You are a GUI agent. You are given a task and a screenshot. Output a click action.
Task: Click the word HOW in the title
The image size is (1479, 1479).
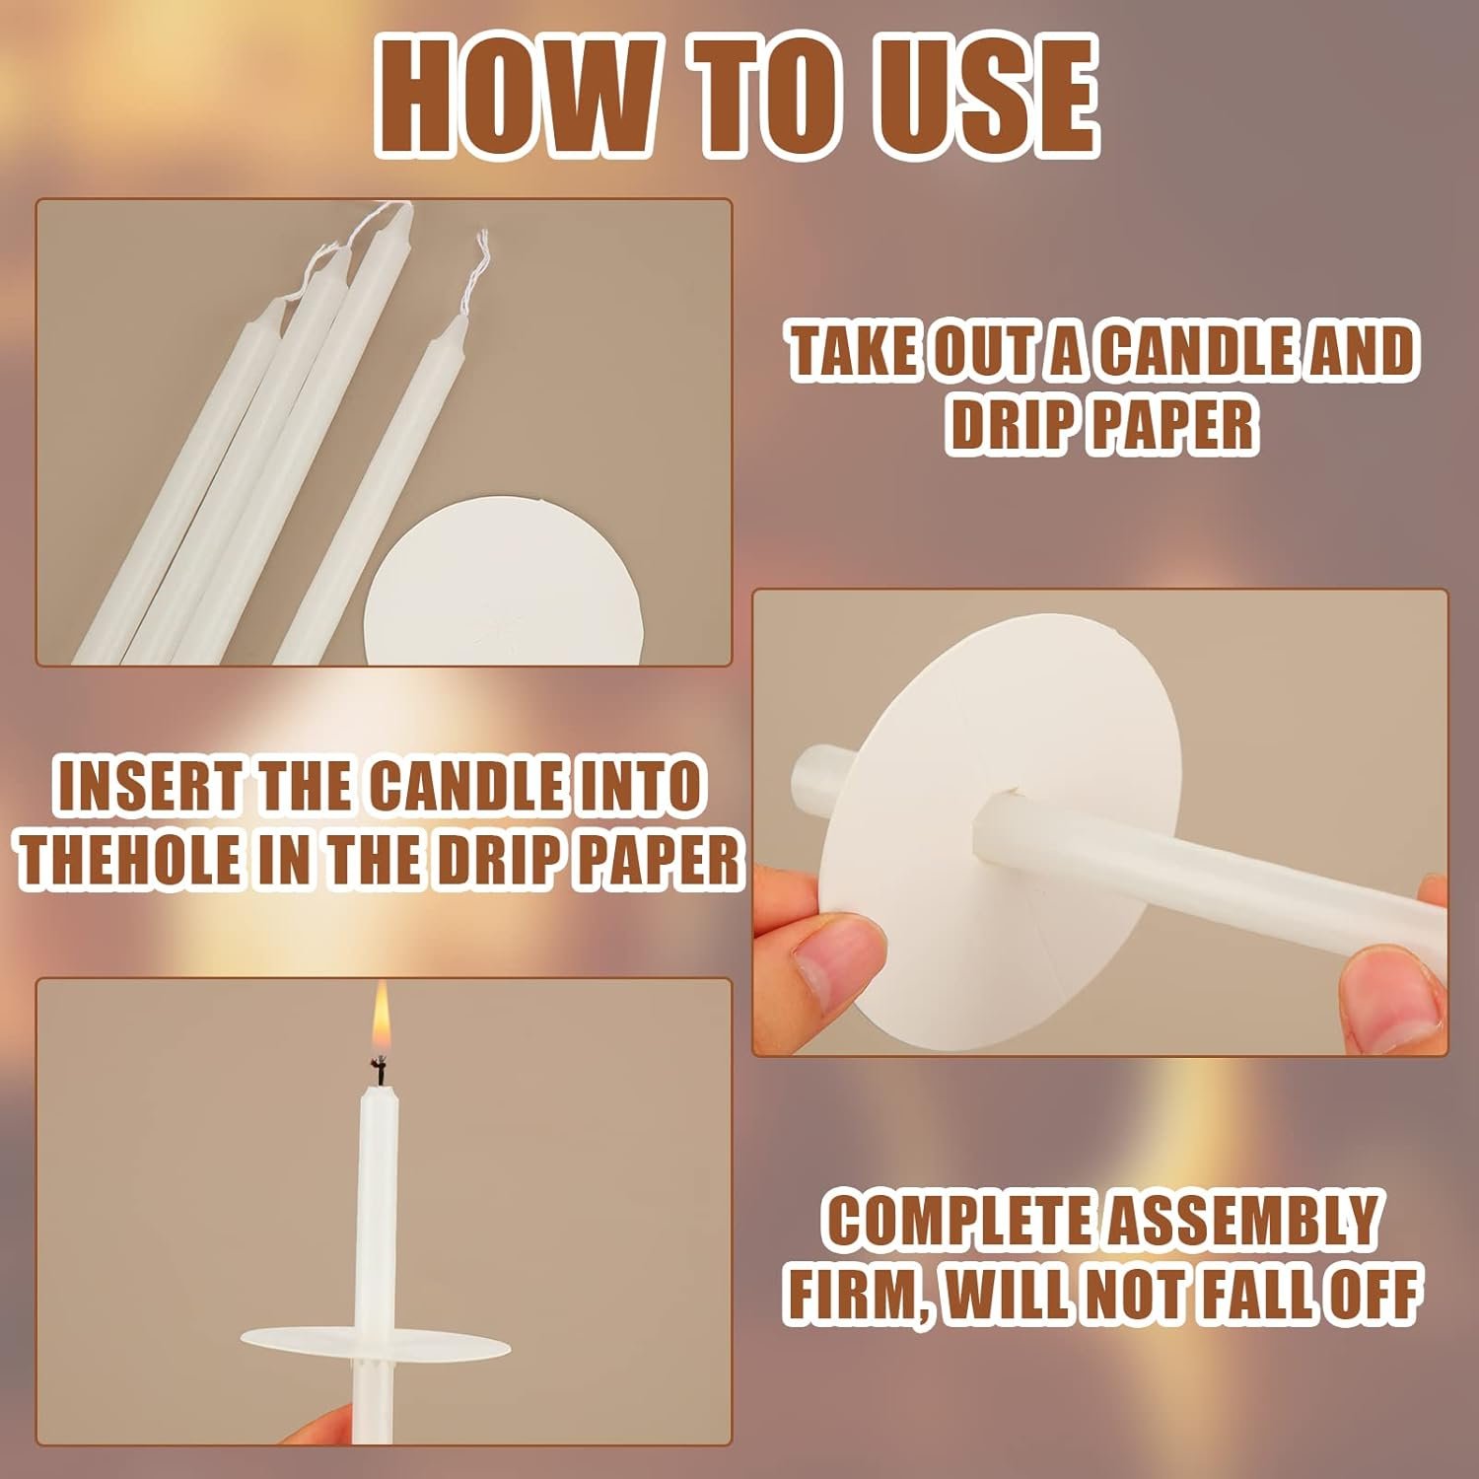coord(512,97)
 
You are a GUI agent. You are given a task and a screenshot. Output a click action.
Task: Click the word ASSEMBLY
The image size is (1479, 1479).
coord(1239,1220)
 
